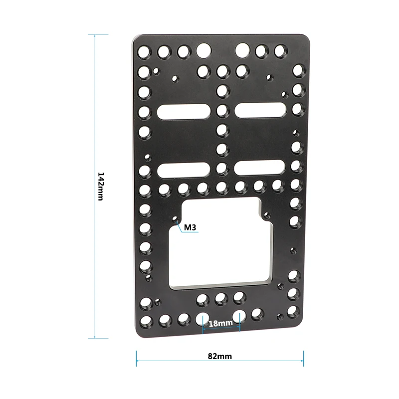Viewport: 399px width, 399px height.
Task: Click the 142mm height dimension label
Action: click(x=100, y=186)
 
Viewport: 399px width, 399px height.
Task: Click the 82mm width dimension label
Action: click(x=220, y=356)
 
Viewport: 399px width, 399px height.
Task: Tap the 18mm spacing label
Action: click(x=221, y=323)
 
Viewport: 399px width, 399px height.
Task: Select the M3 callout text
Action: click(x=191, y=228)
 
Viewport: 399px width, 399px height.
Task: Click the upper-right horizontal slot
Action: click(x=259, y=111)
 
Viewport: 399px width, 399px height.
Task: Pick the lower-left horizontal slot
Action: click(x=184, y=170)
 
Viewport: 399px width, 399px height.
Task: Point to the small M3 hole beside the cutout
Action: click(x=176, y=219)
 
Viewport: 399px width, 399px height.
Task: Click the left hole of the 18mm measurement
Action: click(x=203, y=318)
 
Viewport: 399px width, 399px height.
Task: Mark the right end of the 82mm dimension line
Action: click(x=303, y=357)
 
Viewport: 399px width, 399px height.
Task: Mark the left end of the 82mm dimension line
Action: click(x=136, y=357)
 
